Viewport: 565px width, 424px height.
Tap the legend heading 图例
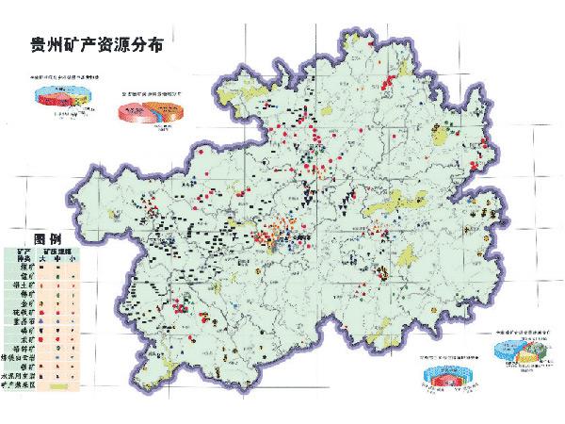(46, 237)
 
